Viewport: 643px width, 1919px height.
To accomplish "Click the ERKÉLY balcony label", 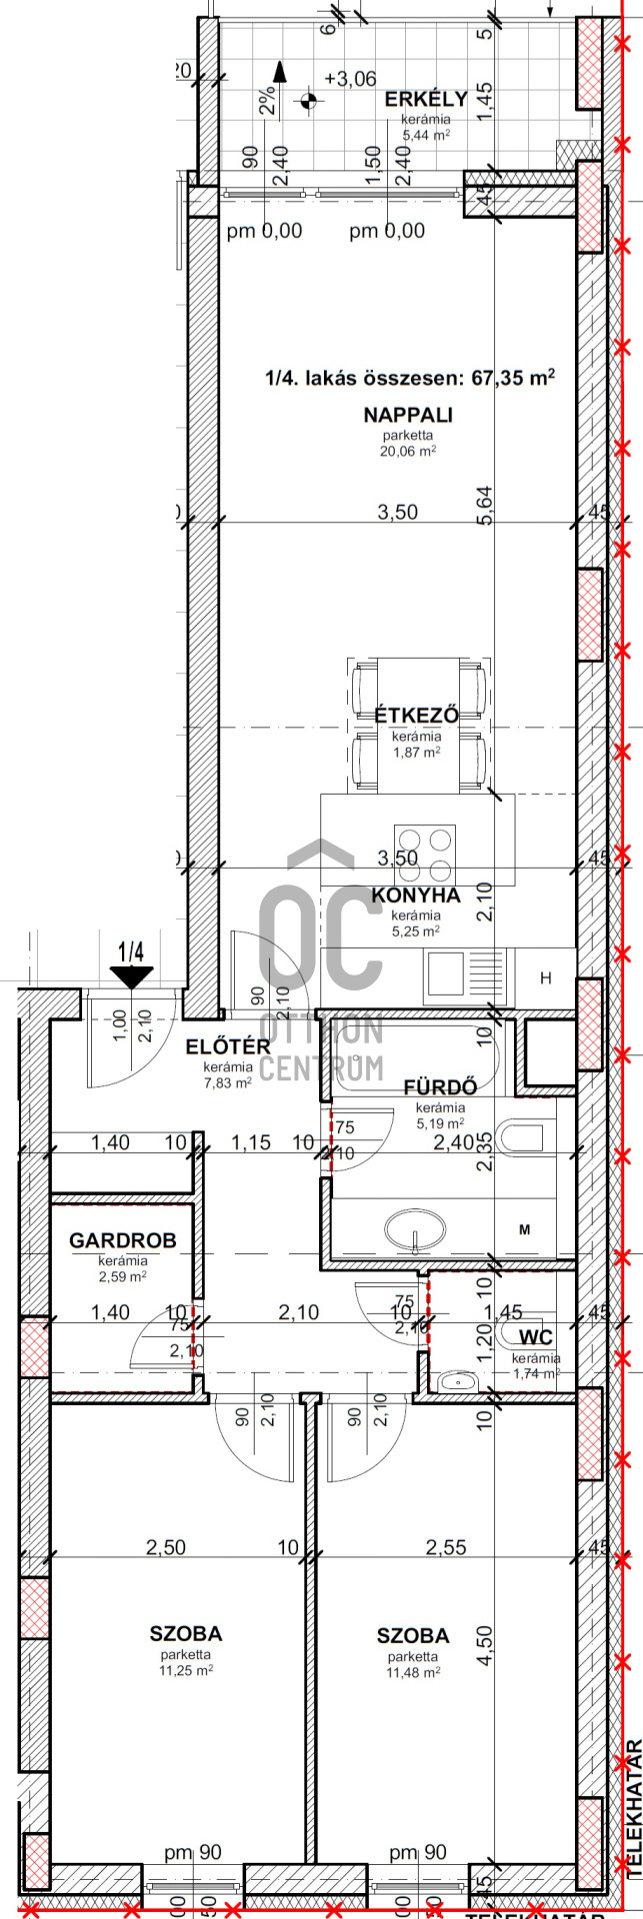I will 426,99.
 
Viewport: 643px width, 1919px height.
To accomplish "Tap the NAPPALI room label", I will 408,415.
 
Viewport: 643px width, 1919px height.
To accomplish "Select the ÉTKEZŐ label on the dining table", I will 416,716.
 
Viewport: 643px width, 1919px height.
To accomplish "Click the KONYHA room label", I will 416,896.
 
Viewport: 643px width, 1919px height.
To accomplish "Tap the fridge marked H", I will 546,978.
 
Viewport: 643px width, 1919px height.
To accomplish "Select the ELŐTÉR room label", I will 228,1047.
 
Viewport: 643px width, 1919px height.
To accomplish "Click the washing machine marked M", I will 524,1230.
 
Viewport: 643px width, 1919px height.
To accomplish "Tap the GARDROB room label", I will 122,1241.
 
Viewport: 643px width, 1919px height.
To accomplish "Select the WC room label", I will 536,1338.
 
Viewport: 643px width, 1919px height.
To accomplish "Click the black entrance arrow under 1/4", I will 132,976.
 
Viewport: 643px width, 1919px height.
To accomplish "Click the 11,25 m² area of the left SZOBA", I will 186,1670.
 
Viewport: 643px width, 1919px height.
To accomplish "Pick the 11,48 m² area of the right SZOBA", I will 413,1671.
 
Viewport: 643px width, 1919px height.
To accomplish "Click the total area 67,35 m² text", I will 409,378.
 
